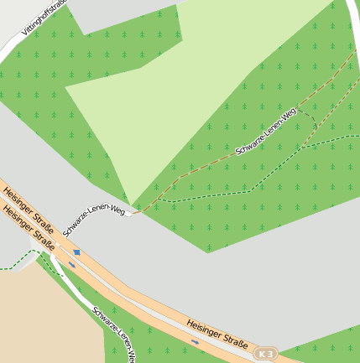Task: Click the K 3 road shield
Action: coord(266,355)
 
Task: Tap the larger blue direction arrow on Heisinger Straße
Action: coord(77,252)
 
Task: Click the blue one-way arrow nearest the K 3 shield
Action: coord(196,342)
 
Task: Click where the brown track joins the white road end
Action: coord(133,214)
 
